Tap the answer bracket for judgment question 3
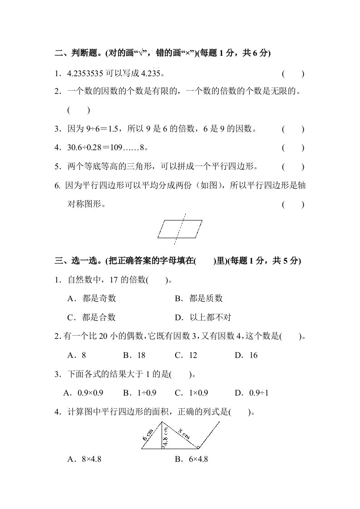coord(293,129)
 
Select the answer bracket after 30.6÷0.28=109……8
coord(293,148)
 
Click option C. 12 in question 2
coord(186,355)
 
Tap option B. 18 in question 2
coord(134,355)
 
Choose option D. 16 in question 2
coord(247,355)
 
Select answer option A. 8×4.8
coord(84,459)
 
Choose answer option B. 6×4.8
coord(191,459)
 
